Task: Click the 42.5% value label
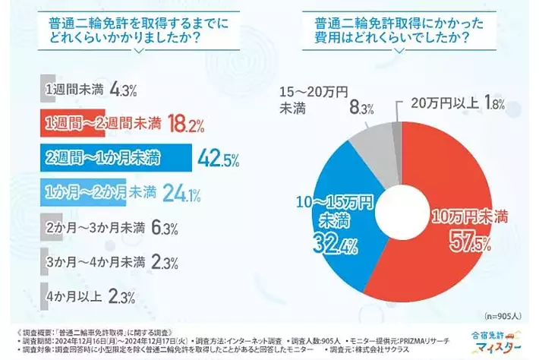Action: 217,159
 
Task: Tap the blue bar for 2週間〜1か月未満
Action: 114,159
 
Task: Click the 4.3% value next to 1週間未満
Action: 123,90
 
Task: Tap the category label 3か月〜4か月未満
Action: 96,264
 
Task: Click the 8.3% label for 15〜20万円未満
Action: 361,109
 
